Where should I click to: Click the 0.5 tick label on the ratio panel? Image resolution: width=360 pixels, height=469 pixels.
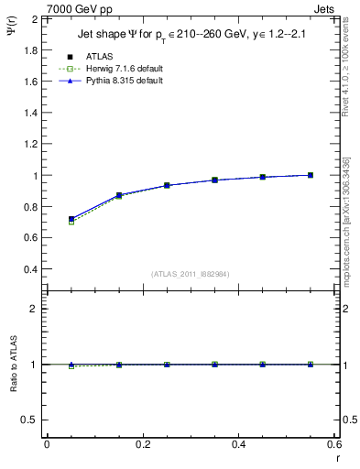coord(28,420)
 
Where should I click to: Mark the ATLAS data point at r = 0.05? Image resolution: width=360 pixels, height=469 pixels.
coord(71,219)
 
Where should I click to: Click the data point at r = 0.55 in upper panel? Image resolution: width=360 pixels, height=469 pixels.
coord(311,175)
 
